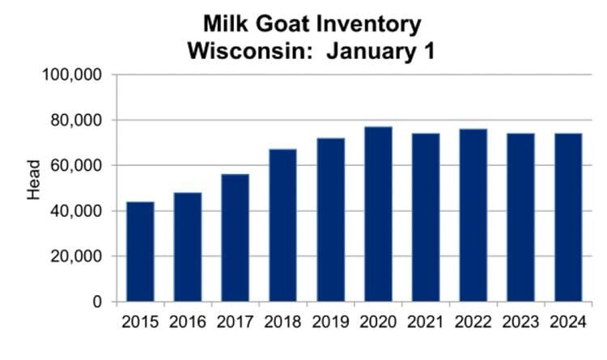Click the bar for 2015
(140, 252)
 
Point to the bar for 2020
(378, 214)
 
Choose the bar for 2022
(473, 215)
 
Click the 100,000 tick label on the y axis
(70, 75)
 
